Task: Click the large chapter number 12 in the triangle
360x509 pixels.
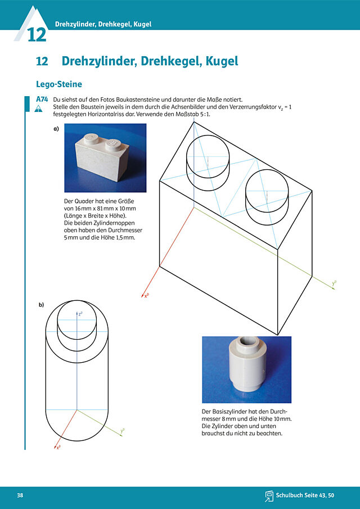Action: tap(37, 35)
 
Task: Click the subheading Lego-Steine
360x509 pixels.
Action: tap(58, 84)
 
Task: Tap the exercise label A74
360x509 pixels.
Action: tap(42, 100)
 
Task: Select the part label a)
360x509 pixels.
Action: tap(56, 129)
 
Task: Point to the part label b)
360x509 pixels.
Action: tap(41, 304)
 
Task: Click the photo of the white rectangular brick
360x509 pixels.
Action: tap(105, 158)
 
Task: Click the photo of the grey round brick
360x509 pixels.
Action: tap(247, 370)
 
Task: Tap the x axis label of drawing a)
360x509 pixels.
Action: tap(146, 296)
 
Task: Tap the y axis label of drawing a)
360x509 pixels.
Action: tap(334, 283)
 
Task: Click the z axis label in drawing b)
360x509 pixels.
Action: tap(80, 314)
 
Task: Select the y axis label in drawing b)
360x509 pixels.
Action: tap(123, 431)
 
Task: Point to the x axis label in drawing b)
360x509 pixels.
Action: tap(58, 447)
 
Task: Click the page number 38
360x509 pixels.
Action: tap(20, 496)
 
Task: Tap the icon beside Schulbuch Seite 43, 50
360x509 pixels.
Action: tap(269, 496)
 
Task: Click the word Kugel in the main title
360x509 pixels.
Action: tap(222, 61)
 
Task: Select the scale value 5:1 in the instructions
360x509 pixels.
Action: tap(205, 114)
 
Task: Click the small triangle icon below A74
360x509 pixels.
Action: tap(38, 109)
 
